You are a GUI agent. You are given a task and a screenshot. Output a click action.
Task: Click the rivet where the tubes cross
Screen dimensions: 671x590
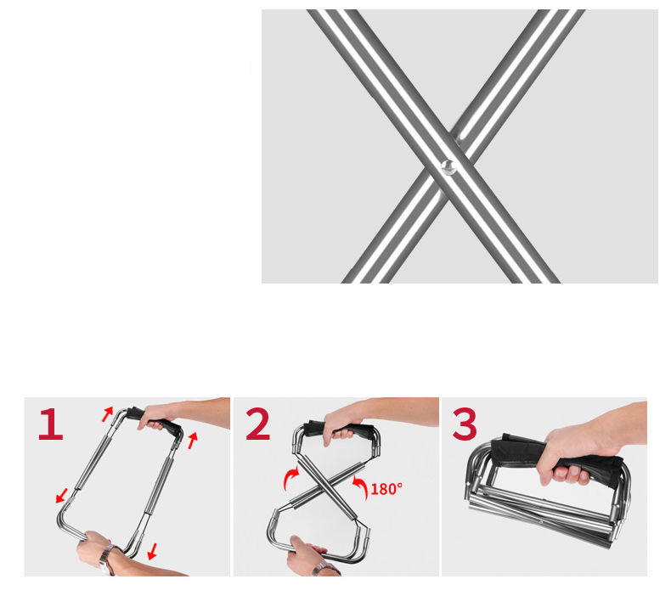(x=448, y=166)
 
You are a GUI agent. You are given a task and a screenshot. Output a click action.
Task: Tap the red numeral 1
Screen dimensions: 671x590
(x=51, y=424)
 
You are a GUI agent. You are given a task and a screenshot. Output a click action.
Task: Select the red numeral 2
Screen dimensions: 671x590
(x=258, y=424)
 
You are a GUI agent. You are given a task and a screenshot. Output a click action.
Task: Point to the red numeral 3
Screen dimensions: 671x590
(x=465, y=424)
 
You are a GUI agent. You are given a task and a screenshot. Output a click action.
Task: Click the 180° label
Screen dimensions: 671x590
(x=386, y=489)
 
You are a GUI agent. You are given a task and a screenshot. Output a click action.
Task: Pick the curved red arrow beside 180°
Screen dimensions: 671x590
(x=361, y=487)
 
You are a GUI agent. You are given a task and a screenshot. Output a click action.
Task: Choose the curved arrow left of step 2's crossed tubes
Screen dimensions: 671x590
(x=291, y=478)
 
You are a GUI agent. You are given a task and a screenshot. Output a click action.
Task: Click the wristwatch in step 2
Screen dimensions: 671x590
(x=326, y=569)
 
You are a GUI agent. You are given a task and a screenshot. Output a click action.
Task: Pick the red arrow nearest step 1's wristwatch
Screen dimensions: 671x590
(x=152, y=551)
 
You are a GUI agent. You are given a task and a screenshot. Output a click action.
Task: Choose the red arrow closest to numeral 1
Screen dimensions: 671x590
(x=107, y=413)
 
